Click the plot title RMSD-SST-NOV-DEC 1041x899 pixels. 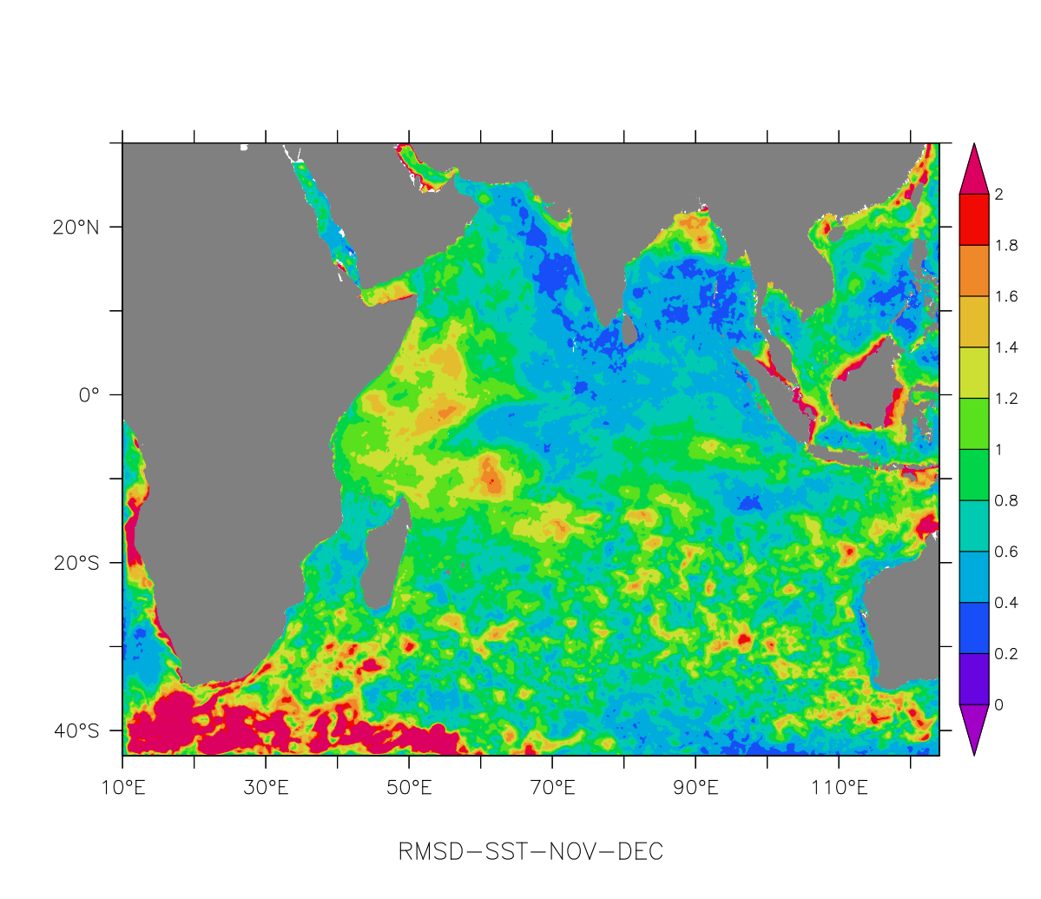pyautogui.click(x=530, y=851)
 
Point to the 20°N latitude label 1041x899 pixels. pyautogui.click(x=76, y=228)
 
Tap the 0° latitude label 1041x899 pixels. pyautogui.click(x=89, y=395)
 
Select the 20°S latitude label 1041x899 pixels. pyautogui.click(x=76, y=563)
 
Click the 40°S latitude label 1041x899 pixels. pyautogui.click(x=76, y=730)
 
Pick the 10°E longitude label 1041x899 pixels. pyautogui.click(x=122, y=788)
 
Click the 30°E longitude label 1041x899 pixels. pyautogui.click(x=266, y=788)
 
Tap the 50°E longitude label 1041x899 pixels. pyautogui.click(x=409, y=788)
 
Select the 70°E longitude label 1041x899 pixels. pyautogui.click(x=552, y=788)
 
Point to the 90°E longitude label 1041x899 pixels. pyautogui.click(x=695, y=788)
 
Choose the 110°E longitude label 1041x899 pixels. pyautogui.click(x=839, y=788)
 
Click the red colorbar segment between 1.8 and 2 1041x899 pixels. pyautogui.click(x=974, y=220)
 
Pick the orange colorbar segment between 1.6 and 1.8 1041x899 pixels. pyautogui.click(x=974, y=271)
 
